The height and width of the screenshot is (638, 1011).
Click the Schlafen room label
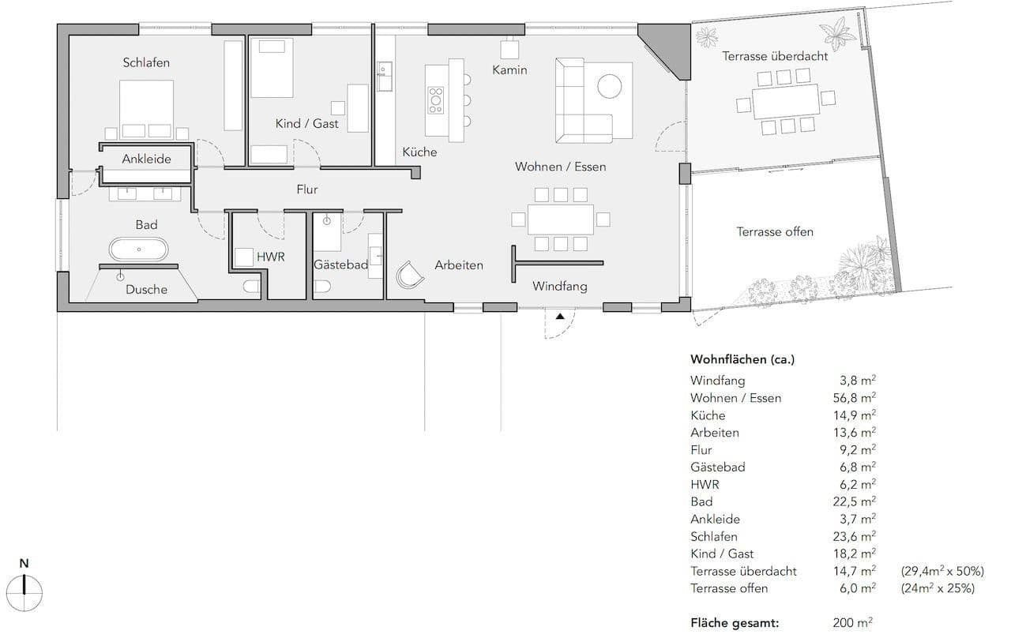point(146,62)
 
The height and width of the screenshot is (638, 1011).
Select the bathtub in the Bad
point(138,250)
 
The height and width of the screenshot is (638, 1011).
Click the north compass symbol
point(24,585)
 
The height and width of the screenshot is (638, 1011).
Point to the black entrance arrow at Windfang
point(560,316)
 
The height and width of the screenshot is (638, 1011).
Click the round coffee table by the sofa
point(609,84)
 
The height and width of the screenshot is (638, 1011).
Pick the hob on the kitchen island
point(435,99)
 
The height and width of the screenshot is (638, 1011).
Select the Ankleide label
point(146,159)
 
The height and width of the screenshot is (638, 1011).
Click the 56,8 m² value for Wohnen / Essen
point(852,398)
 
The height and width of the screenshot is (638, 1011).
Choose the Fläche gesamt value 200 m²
point(852,622)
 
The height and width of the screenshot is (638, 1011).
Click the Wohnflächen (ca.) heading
point(742,359)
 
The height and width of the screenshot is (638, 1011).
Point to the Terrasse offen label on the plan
point(775,231)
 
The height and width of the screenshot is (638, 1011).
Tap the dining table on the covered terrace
point(785,102)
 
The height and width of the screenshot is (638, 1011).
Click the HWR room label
point(270,257)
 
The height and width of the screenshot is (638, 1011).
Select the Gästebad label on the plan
point(340,265)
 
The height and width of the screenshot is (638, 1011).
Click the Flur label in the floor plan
point(306,190)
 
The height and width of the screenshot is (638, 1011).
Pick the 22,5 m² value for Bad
point(852,501)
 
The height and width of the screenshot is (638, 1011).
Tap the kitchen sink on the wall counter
point(385,79)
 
